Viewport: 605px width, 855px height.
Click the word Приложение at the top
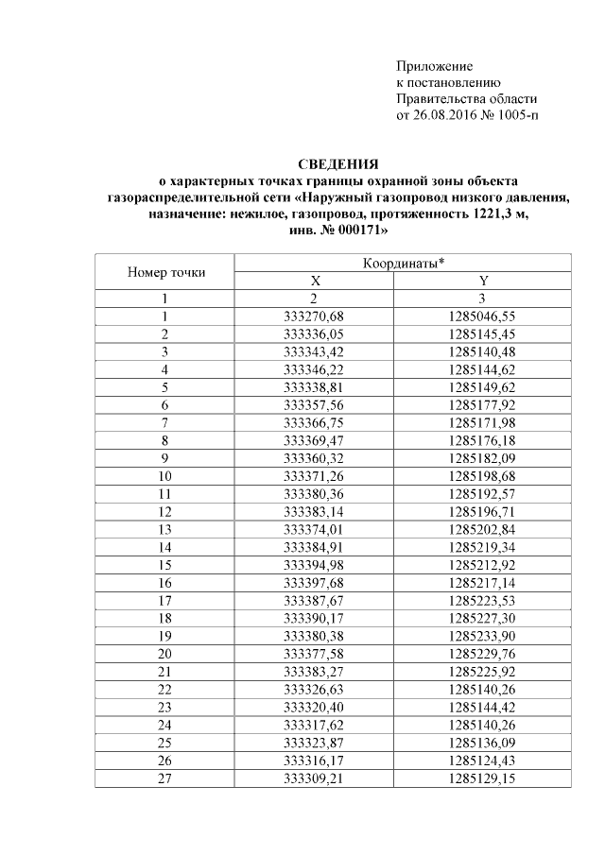(x=434, y=67)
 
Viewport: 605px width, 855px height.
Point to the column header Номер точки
(x=165, y=273)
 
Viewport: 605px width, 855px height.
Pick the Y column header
(x=483, y=282)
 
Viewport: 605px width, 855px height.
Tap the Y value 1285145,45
(x=483, y=333)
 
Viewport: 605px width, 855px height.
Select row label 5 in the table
(x=164, y=386)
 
